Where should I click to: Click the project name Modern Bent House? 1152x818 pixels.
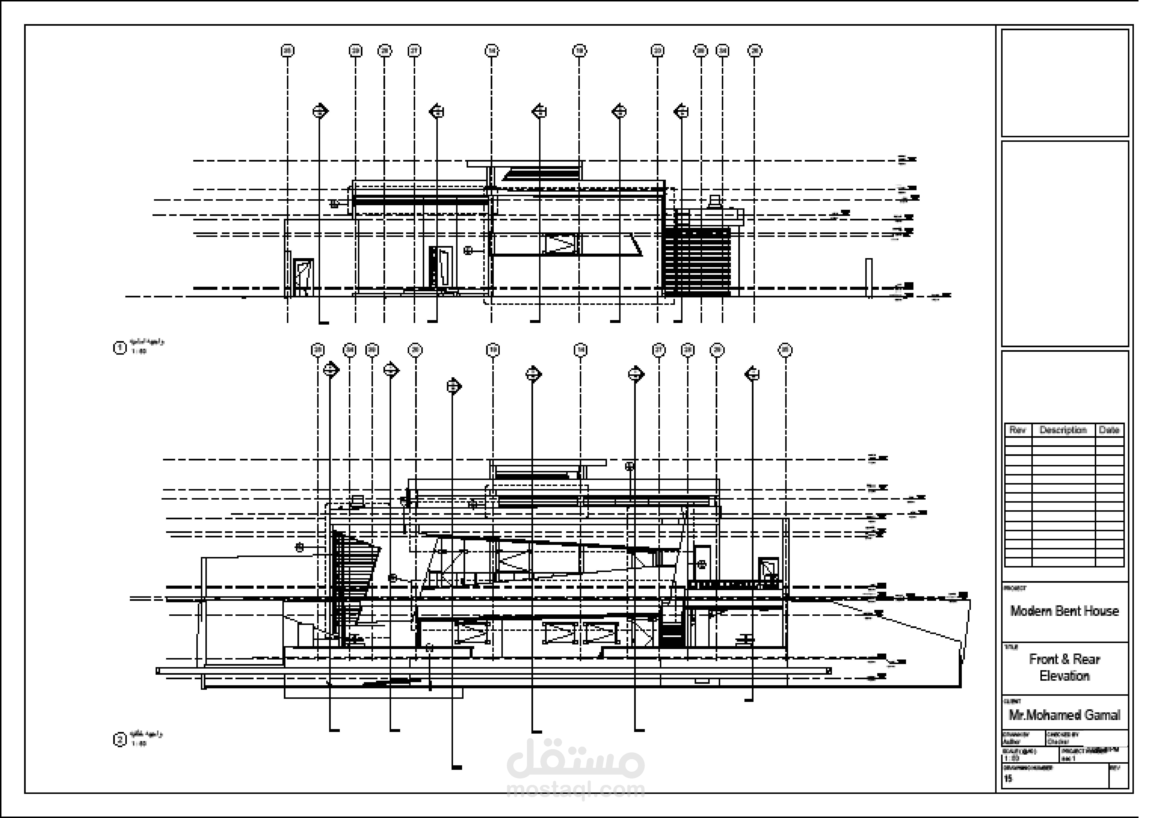pos(1064,611)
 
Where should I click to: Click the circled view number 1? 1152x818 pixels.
pos(119,348)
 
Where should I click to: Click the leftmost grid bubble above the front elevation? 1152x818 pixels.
pos(288,51)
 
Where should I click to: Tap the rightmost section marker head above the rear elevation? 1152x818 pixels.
pos(752,374)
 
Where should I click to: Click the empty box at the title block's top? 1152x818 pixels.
pos(1064,83)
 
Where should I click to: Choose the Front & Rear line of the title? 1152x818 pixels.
pos(1064,659)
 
